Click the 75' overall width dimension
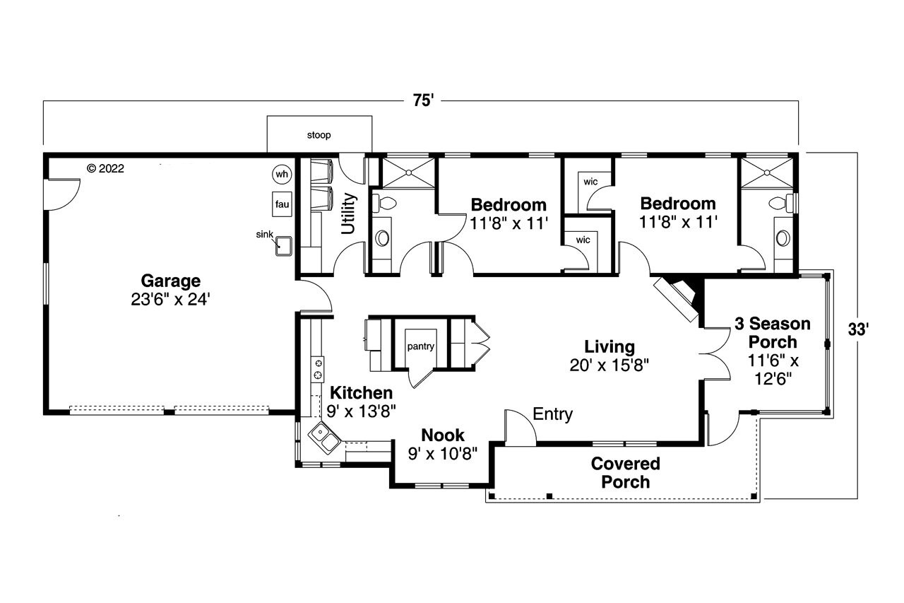click(422, 101)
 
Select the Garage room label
click(169, 281)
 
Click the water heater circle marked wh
click(282, 174)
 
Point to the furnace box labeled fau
click(282, 204)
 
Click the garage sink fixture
click(285, 245)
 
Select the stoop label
click(319, 134)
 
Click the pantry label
click(420, 346)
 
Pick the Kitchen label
click(362, 393)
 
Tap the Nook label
click(443, 435)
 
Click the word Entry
click(552, 414)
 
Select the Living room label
click(609, 347)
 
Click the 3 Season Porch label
click(772, 333)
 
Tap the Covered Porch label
click(625, 473)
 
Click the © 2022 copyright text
click(105, 168)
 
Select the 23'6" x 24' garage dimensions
click(169, 300)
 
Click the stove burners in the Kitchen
click(319, 367)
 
